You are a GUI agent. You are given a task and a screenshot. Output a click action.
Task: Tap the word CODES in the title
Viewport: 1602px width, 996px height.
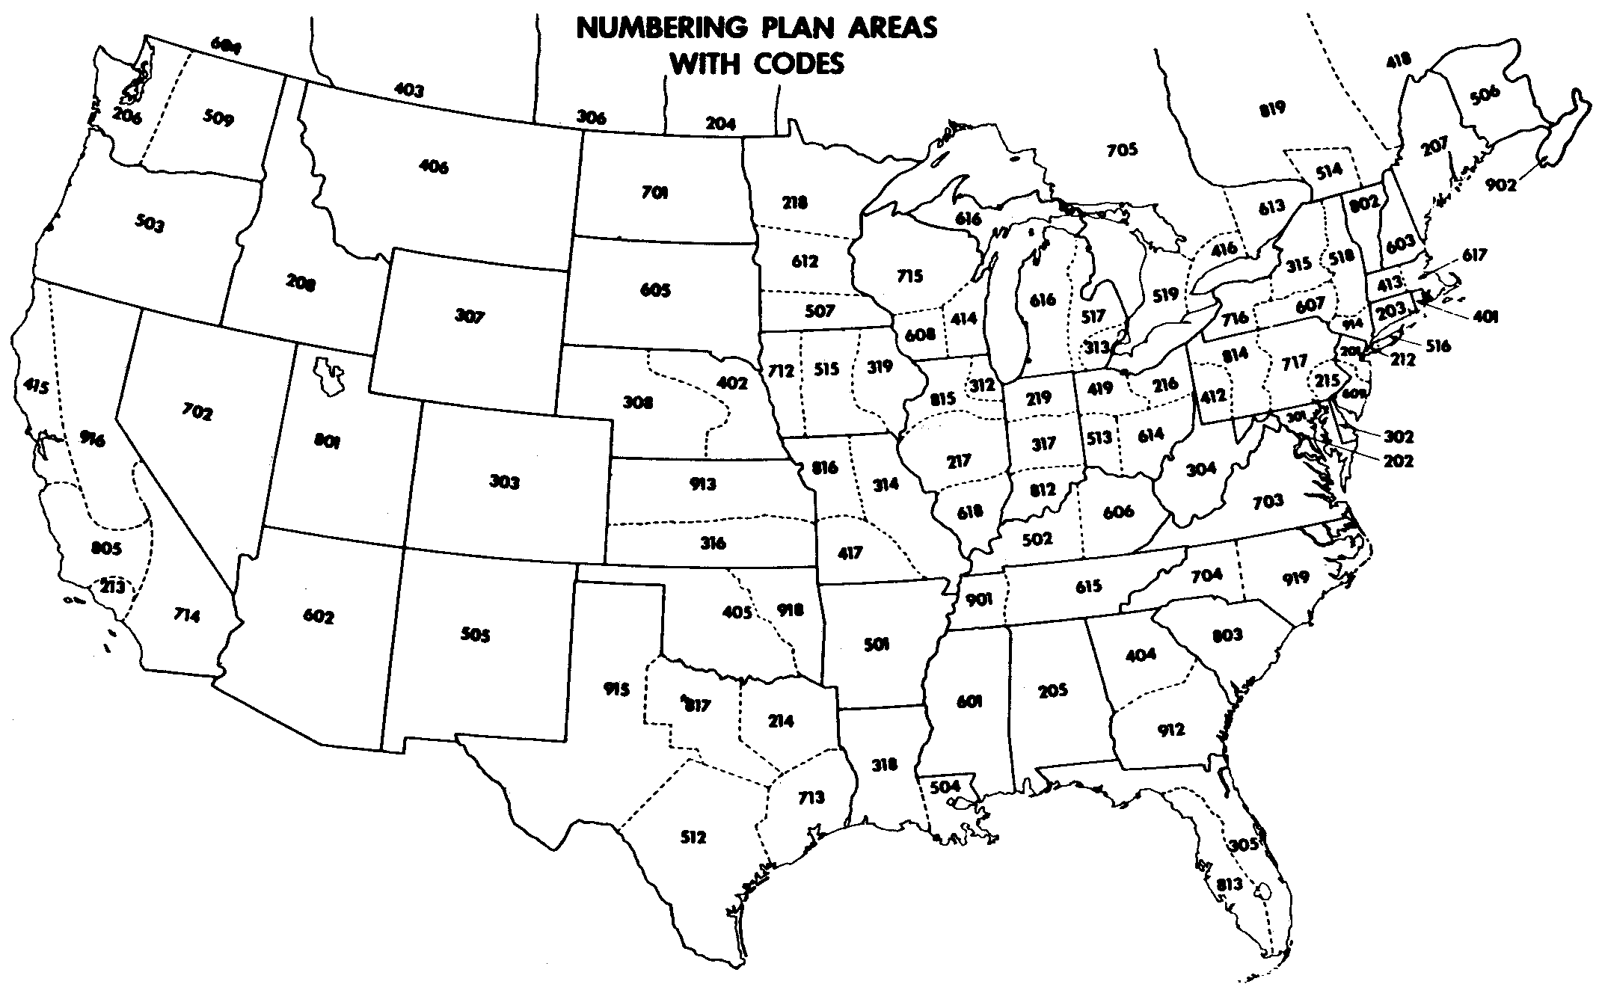tap(799, 64)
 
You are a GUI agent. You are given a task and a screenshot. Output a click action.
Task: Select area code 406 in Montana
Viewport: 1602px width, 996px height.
tap(434, 167)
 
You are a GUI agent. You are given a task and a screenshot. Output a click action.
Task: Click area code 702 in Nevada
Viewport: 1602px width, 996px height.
tap(197, 411)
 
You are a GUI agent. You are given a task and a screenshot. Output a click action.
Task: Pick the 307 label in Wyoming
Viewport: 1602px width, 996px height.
tap(470, 316)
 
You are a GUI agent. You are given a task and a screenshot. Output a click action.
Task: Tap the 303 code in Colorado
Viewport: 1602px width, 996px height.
tap(504, 482)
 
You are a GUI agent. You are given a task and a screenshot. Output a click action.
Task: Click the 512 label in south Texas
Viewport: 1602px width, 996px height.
tap(693, 837)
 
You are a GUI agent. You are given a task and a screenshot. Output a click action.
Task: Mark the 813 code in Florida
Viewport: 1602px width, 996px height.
tap(1230, 885)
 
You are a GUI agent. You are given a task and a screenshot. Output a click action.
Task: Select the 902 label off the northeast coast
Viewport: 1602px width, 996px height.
tap(1501, 184)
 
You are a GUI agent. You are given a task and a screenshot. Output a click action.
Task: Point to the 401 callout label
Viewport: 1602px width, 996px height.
tap(1485, 317)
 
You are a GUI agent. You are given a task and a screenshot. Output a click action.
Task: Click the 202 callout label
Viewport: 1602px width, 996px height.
tap(1398, 461)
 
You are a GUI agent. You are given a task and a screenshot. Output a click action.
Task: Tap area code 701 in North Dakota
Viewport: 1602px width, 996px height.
tap(654, 193)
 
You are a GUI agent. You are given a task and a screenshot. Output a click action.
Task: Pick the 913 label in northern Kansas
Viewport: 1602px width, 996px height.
tap(702, 484)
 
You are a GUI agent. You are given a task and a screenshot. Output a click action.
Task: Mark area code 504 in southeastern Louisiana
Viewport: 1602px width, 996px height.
tap(946, 787)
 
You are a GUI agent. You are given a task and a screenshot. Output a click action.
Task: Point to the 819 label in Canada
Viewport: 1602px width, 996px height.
tap(1271, 108)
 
